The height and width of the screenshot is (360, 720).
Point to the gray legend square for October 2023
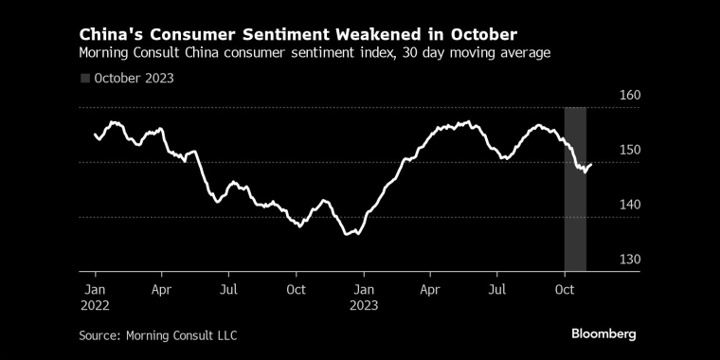pyautogui.click(x=85, y=78)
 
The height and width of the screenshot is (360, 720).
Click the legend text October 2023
pyautogui.click(x=134, y=78)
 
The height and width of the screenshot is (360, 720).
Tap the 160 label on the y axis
pyautogui.click(x=604, y=96)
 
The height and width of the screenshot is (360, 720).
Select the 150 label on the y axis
pyautogui.click(x=604, y=150)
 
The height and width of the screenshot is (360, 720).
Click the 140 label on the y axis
pyautogui.click(x=604, y=205)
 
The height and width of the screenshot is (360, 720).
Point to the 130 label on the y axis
pyautogui.click(x=604, y=260)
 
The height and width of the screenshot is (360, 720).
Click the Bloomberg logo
pyautogui.click(x=603, y=333)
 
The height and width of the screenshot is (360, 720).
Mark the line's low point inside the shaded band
pyautogui.click(x=584, y=171)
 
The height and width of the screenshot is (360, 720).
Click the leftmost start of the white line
pyautogui.click(x=95, y=135)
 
